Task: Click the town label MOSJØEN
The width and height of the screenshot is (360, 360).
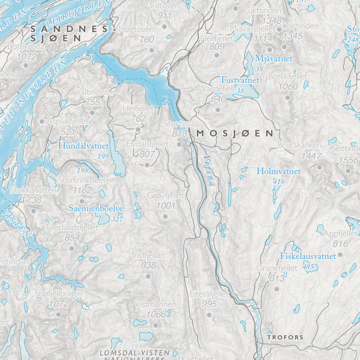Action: pyautogui.click(x=235, y=133)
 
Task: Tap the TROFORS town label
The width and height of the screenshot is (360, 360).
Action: pyautogui.click(x=285, y=337)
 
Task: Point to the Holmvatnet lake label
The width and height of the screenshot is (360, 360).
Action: pyautogui.click(x=278, y=171)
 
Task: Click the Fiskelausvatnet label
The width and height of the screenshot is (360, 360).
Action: pyautogui.click(x=308, y=256)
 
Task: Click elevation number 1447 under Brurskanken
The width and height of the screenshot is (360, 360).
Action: pyautogui.click(x=312, y=156)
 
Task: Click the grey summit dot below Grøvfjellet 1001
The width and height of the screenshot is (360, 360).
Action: pyautogui.click(x=165, y=216)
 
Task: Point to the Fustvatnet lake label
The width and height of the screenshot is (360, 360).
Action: pyautogui.click(x=240, y=80)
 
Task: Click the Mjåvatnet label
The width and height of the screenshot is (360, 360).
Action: pyautogui.click(x=274, y=59)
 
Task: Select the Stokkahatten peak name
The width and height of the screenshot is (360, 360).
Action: pyautogui.click(x=33, y=190)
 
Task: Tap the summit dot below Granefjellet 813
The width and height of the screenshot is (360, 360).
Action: pyautogui.click(x=276, y=289)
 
